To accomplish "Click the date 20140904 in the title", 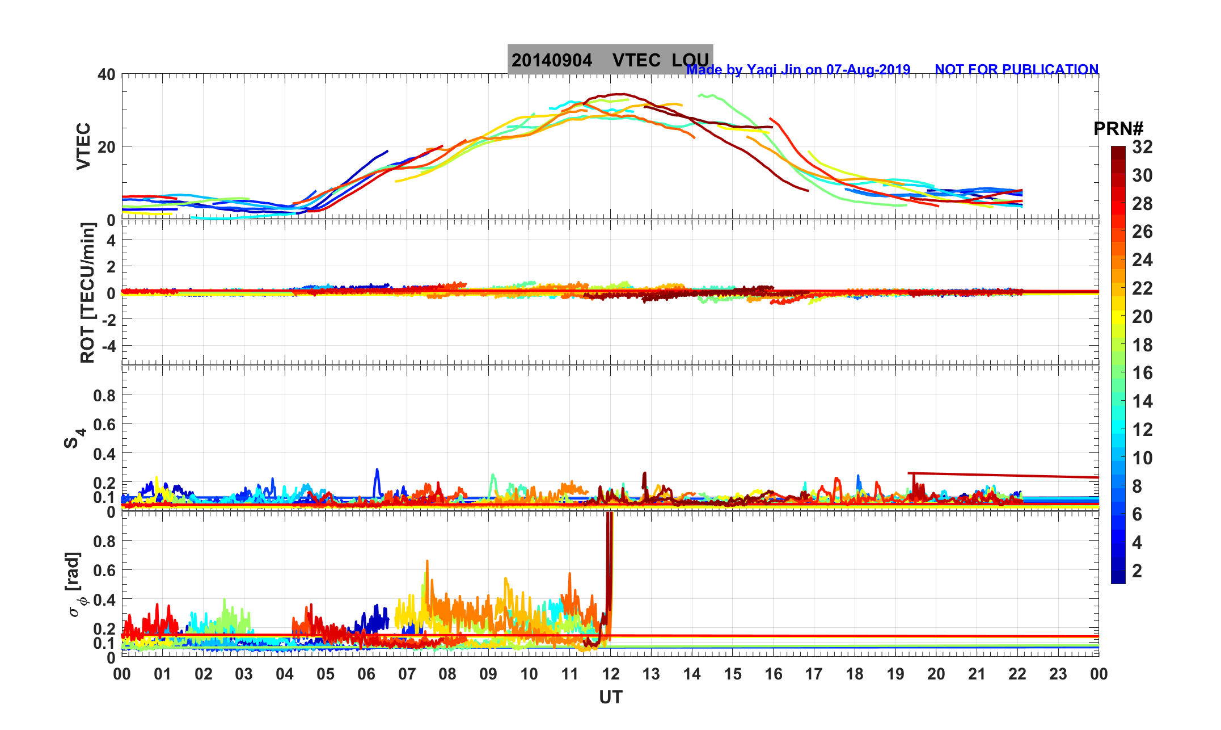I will pyautogui.click(x=551, y=60).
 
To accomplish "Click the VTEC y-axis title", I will pyautogui.click(x=83, y=146).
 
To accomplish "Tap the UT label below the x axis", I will pyautogui.click(x=610, y=698).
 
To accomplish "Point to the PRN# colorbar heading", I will pyautogui.click(x=1118, y=129).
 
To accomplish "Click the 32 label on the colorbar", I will pyautogui.click(x=1142, y=147).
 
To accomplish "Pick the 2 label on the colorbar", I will pyautogui.click(x=1136, y=570).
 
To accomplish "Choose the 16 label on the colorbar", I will pyautogui.click(x=1142, y=373).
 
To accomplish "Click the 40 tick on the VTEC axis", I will pyautogui.click(x=106, y=74).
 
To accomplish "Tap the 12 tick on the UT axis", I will pyautogui.click(x=610, y=674).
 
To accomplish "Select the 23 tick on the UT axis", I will pyautogui.click(x=1058, y=674).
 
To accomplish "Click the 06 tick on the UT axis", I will pyautogui.click(x=366, y=674).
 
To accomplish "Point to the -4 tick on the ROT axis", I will pyautogui.click(x=107, y=346).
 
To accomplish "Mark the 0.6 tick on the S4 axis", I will pyautogui.click(x=104, y=425).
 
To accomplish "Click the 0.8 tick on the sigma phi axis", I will pyautogui.click(x=104, y=542).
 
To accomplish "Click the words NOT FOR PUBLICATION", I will pyautogui.click(x=1016, y=69).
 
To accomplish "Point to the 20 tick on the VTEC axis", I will pyautogui.click(x=106, y=146).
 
